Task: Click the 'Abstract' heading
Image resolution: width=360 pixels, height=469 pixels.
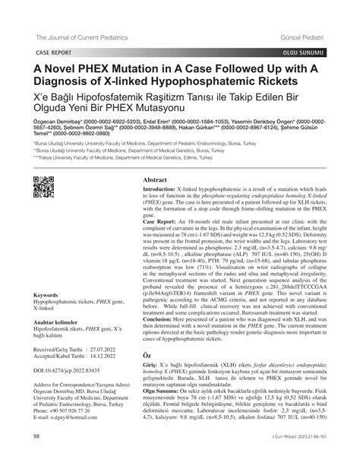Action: click(x=150, y=180)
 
